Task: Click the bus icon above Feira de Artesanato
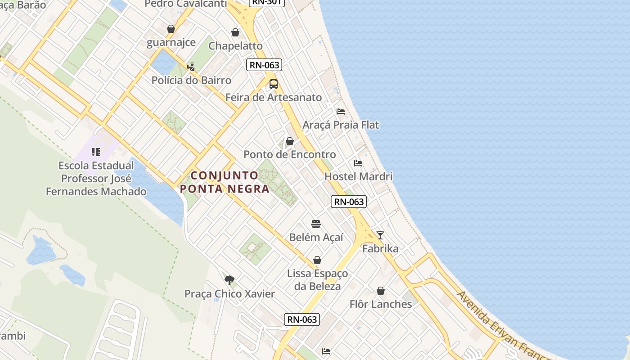click(x=273, y=84)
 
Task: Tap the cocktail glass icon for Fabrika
click(x=380, y=235)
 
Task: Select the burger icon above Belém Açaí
click(x=316, y=224)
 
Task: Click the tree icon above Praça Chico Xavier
click(x=229, y=280)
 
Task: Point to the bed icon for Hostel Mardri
click(x=358, y=163)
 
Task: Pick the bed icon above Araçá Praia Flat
click(x=341, y=112)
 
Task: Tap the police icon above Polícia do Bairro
click(x=191, y=67)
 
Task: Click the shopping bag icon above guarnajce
click(x=171, y=29)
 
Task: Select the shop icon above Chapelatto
click(x=235, y=32)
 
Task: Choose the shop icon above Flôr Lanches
click(x=381, y=291)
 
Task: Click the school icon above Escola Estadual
click(x=96, y=152)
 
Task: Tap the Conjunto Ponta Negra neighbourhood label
click(x=225, y=182)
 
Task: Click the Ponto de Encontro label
click(x=289, y=154)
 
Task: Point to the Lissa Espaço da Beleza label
click(x=317, y=279)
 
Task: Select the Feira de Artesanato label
click(x=274, y=97)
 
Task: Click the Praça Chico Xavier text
click(x=229, y=294)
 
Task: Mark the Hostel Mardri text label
click(x=358, y=176)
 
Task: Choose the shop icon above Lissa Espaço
click(x=317, y=260)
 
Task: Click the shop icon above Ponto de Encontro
click(x=290, y=142)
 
